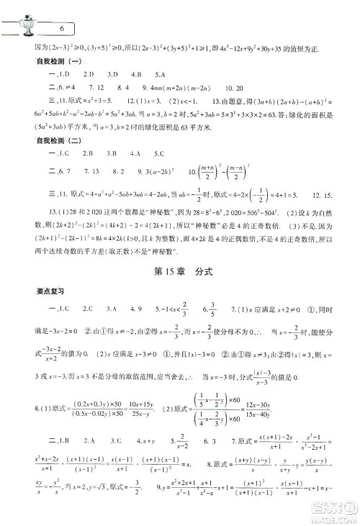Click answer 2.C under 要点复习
pyautogui.click(x=68, y=309)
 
